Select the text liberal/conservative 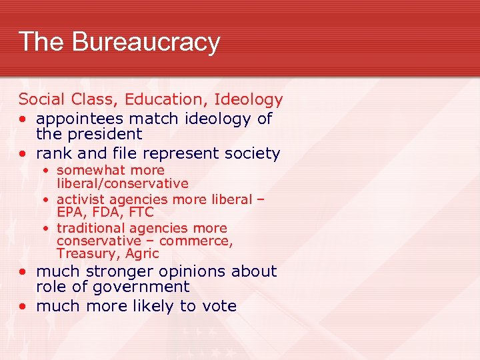(123, 183)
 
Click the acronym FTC (139, 213)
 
